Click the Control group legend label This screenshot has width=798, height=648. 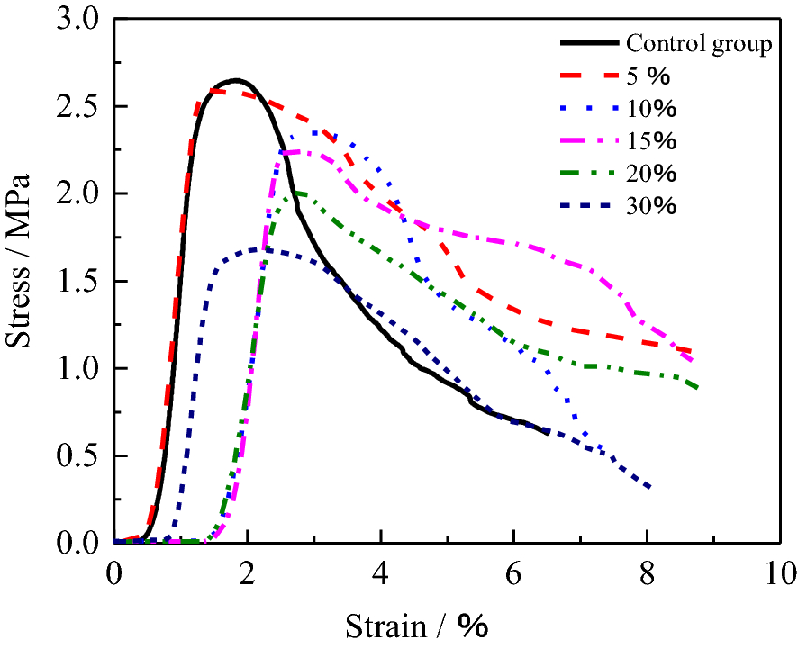[699, 43]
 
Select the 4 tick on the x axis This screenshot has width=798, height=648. [381, 573]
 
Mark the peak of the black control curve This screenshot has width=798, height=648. [235, 80]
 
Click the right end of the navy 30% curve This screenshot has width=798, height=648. [650, 488]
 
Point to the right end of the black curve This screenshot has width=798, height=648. [547, 433]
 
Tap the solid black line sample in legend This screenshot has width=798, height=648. [587, 43]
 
